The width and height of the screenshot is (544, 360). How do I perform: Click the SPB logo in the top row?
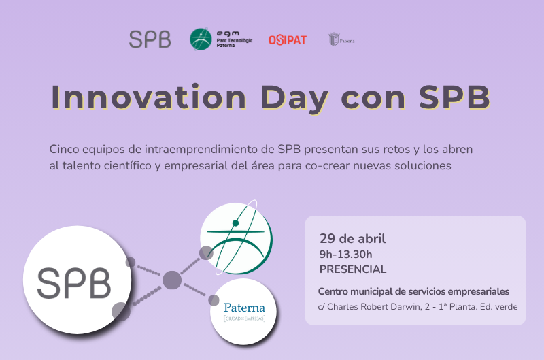[x=150, y=39]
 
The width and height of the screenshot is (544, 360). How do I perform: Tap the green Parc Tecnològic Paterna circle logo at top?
[x=201, y=39]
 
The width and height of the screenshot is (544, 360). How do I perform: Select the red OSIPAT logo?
[x=287, y=40]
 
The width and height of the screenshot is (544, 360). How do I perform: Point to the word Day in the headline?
[x=294, y=97]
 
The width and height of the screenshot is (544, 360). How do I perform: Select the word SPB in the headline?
[x=454, y=97]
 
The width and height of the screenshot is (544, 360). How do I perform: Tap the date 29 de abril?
[x=352, y=239]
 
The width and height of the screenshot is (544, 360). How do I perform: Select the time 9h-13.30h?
[x=345, y=254]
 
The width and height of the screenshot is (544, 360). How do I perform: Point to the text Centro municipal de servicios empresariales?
[x=413, y=291]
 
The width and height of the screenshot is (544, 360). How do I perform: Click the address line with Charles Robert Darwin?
[x=418, y=306]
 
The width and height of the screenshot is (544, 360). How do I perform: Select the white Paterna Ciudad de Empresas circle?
[x=243, y=312]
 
